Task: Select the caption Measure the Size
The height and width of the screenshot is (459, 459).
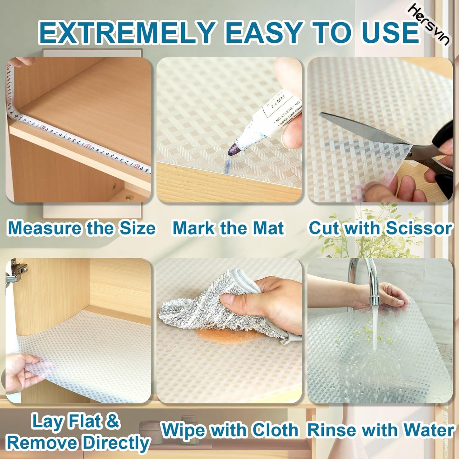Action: click(x=81, y=228)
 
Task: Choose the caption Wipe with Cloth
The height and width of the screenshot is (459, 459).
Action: click(x=230, y=430)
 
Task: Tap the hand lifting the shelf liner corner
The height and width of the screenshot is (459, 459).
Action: click(x=22, y=372)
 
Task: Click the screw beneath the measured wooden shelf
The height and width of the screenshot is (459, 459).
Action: click(x=129, y=198)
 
